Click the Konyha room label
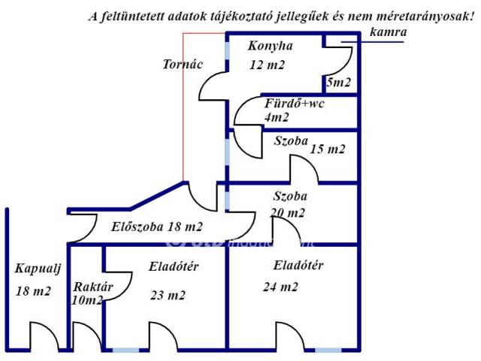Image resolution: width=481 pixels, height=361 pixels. (270, 47)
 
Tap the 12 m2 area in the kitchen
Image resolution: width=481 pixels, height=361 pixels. (268, 65)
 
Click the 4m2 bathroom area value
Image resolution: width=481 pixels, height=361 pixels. (277, 117)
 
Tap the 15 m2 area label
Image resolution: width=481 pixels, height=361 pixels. (328, 149)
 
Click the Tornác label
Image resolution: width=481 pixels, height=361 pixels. (183, 64)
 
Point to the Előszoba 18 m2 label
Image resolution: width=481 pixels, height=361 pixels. (157, 226)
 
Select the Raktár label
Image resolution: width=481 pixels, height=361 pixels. (92, 287)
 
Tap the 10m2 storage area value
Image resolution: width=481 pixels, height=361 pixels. (87, 301)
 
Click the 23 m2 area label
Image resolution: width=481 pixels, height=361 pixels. (168, 296)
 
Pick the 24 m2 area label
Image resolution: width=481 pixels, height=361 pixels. (280, 287)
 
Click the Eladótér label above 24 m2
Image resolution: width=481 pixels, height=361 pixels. (298, 265)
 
